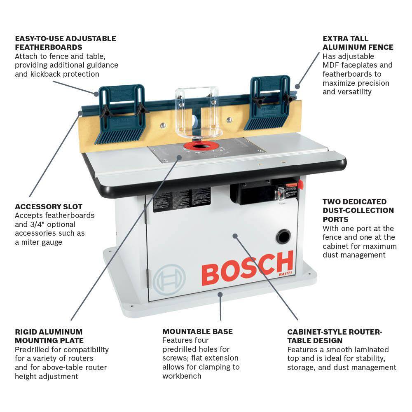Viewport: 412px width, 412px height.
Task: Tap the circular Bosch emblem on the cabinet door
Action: click(x=169, y=279)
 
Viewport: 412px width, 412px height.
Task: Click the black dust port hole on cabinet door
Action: click(x=283, y=236)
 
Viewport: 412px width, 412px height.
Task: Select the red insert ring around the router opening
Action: click(x=199, y=146)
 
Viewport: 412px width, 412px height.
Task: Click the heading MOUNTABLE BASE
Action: click(x=197, y=331)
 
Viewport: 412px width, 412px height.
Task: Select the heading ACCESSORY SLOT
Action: click(x=49, y=206)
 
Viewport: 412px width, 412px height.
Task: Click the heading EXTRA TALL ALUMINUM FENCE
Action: click(x=358, y=43)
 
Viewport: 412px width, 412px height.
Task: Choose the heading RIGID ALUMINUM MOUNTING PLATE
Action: click(x=49, y=336)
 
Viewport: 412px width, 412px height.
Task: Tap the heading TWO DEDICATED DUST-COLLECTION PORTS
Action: click(x=358, y=210)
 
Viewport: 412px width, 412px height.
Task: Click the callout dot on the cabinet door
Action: click(x=235, y=236)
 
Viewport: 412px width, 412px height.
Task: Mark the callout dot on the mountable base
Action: click(x=220, y=295)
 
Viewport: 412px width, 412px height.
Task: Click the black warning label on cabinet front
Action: click(x=182, y=199)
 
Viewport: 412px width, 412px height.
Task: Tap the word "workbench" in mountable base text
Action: click(x=182, y=376)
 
